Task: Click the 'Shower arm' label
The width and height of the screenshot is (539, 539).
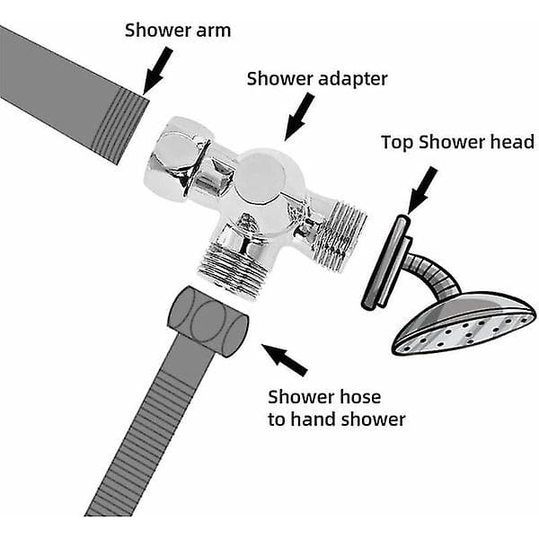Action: coord(178,31)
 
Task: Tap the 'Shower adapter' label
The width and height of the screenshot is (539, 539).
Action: coord(317,79)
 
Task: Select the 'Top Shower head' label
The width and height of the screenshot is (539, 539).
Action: coord(458,142)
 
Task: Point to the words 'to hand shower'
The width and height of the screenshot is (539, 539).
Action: coord(337,420)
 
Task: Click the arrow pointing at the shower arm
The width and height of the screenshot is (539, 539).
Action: coord(156,71)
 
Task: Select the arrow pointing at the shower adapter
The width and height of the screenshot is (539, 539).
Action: coord(298,117)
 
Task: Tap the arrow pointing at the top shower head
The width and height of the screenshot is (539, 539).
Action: coord(421,190)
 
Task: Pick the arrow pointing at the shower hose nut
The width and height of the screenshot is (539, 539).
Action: coord(285,359)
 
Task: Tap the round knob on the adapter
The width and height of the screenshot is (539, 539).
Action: coord(261,175)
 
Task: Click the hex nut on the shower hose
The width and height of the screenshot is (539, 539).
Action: coord(208,323)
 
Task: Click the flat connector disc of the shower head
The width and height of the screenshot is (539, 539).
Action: coord(386,261)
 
